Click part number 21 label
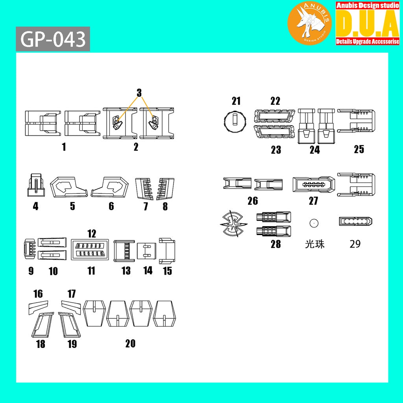pos(236,101)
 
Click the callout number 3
pos(139,93)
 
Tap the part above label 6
pos(111,187)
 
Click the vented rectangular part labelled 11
pos(91,250)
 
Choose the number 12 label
pos(92,234)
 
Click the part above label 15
pos(167,250)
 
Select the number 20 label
pos(130,343)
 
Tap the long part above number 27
pos(314,184)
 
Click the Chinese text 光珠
pos(314,244)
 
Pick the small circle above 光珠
pos(314,223)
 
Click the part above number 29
pos(356,222)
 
